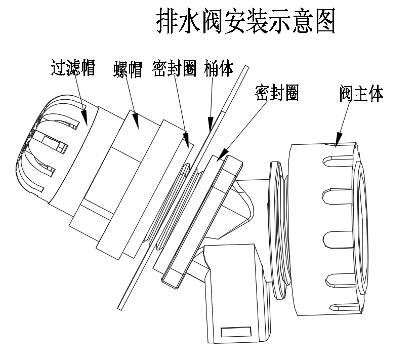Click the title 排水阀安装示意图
245,21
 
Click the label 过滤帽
73,68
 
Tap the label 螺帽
128,69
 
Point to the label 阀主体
361,94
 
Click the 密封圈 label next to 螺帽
174,68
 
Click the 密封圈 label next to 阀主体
277,93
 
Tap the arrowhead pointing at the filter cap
85,117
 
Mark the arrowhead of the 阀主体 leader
338,139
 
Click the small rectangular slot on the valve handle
236,332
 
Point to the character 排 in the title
167,21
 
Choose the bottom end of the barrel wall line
120,309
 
